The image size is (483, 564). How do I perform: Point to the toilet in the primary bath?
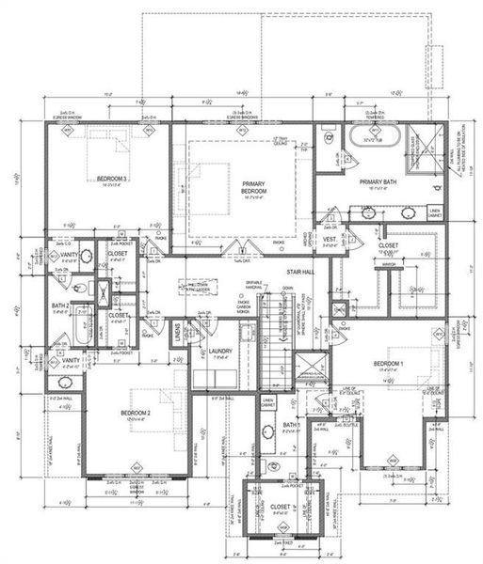tap(331, 140)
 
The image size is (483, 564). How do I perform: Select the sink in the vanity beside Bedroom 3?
tap(84, 256)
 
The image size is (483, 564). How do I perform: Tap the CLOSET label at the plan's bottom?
tap(281, 508)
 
